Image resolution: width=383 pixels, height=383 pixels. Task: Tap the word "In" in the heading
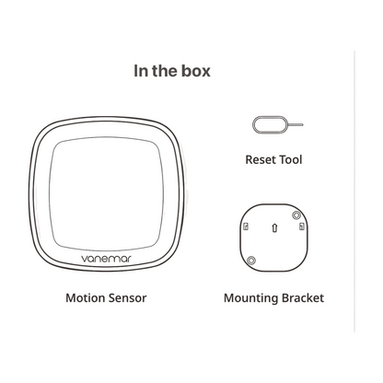(141, 71)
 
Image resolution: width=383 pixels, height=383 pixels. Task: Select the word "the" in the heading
(164, 71)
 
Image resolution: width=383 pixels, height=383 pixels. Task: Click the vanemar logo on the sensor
(106, 259)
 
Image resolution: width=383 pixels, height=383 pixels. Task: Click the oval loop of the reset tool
(253, 124)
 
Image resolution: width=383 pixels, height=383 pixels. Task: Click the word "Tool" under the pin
(290, 159)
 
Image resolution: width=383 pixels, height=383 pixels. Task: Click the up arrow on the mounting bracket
(274, 227)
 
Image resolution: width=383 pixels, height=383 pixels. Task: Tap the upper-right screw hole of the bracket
(296, 215)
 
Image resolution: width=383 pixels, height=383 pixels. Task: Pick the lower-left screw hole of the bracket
(251, 261)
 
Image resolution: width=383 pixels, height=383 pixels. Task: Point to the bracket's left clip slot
(246, 226)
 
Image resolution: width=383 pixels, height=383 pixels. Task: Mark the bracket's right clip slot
(302, 226)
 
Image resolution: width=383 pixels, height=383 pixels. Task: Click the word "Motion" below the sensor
(81, 298)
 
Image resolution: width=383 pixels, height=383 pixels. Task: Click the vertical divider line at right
(354, 191)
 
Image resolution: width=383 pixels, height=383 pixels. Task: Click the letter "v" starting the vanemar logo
(84, 259)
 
